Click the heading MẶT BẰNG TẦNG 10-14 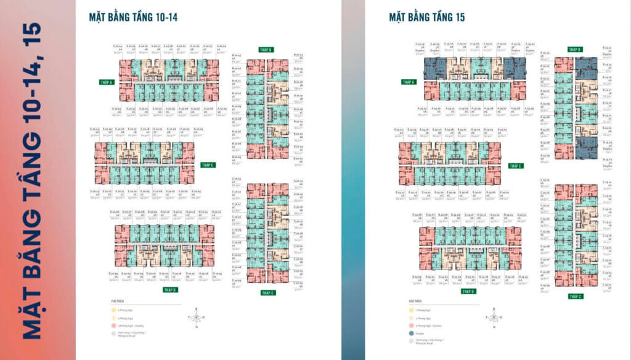point(133,17)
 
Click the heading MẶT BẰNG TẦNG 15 point(426,17)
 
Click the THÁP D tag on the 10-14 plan point(171,289)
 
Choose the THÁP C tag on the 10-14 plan point(267,293)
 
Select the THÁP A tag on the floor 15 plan point(409,81)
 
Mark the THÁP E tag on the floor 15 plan point(516,165)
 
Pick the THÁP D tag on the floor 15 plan point(468,291)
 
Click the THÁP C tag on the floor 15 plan point(575,297)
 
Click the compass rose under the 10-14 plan point(196,317)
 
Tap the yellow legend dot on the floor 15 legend point(412,309)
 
